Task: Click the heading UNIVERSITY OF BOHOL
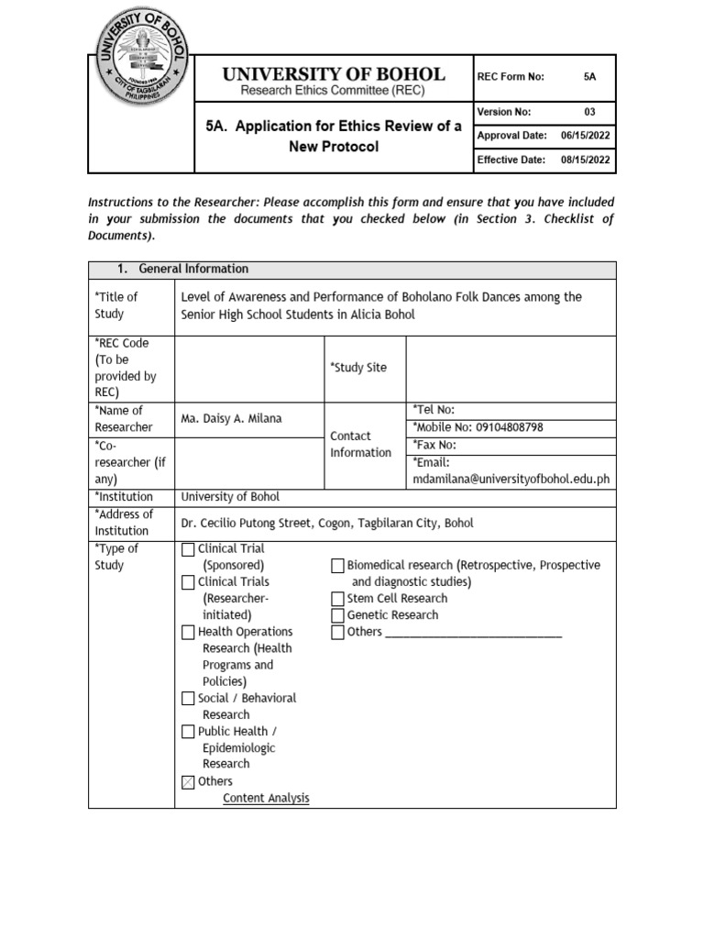pyautogui.click(x=333, y=74)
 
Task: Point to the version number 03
pyautogui.click(x=589, y=112)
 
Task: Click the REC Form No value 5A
pyautogui.click(x=589, y=77)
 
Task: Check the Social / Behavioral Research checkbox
pyautogui.click(x=188, y=699)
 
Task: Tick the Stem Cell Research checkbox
pyautogui.click(x=337, y=599)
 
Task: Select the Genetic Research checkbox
pyautogui.click(x=337, y=615)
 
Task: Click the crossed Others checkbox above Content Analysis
pyautogui.click(x=188, y=782)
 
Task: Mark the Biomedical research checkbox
pyautogui.click(x=337, y=566)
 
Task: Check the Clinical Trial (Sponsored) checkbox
pyautogui.click(x=188, y=549)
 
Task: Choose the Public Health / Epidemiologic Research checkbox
pyautogui.click(x=188, y=732)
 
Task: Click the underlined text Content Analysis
pyautogui.click(x=266, y=799)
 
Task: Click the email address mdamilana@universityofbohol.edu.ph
pyautogui.click(x=511, y=479)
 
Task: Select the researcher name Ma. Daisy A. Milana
pyautogui.click(x=232, y=418)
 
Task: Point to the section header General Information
pyautogui.click(x=193, y=269)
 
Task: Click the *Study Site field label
pyautogui.click(x=358, y=368)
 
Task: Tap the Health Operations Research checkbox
pyautogui.click(x=188, y=632)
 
